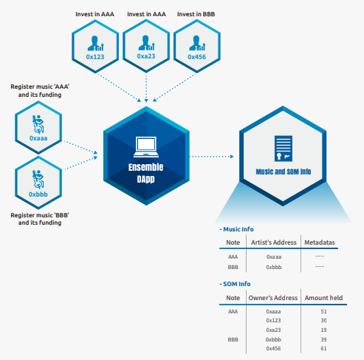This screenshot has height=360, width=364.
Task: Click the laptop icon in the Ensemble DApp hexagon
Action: pyautogui.click(x=146, y=147)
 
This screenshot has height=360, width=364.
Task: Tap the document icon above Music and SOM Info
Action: pyautogui.click(x=284, y=149)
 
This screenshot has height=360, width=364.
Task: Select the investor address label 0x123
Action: pyautogui.click(x=95, y=57)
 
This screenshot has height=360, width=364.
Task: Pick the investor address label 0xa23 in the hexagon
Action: pyautogui.click(x=146, y=56)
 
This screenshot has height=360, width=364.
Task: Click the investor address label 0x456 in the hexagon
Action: pyautogui.click(x=196, y=57)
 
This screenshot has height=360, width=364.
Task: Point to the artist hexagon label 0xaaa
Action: pyautogui.click(x=38, y=138)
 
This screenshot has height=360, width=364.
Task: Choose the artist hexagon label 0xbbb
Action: pyautogui.click(x=38, y=194)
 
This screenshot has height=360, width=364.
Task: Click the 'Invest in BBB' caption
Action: pyautogui.click(x=196, y=14)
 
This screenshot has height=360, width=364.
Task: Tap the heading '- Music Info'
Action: pyautogui.click(x=236, y=229)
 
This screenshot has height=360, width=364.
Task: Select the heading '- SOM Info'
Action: pyautogui.click(x=235, y=284)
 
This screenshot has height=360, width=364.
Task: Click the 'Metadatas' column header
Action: pyautogui.click(x=320, y=242)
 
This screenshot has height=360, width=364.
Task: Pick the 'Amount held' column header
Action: pyautogui.click(x=323, y=298)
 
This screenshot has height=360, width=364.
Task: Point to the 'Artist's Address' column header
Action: pyautogui.click(x=274, y=242)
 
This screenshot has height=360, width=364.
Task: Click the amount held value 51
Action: pyautogui.click(x=323, y=311)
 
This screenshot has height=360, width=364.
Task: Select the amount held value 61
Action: pyautogui.click(x=323, y=348)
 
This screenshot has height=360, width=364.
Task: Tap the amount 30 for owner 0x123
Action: pyautogui.click(x=323, y=320)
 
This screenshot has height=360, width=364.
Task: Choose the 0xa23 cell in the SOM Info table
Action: pyautogui.click(x=273, y=330)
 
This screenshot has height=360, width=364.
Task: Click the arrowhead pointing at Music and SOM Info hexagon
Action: pyautogui.click(x=232, y=156)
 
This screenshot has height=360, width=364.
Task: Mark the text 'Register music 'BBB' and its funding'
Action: pyautogui.click(x=40, y=219)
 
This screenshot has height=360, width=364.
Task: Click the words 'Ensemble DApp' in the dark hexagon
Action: pyautogui.click(x=145, y=173)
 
